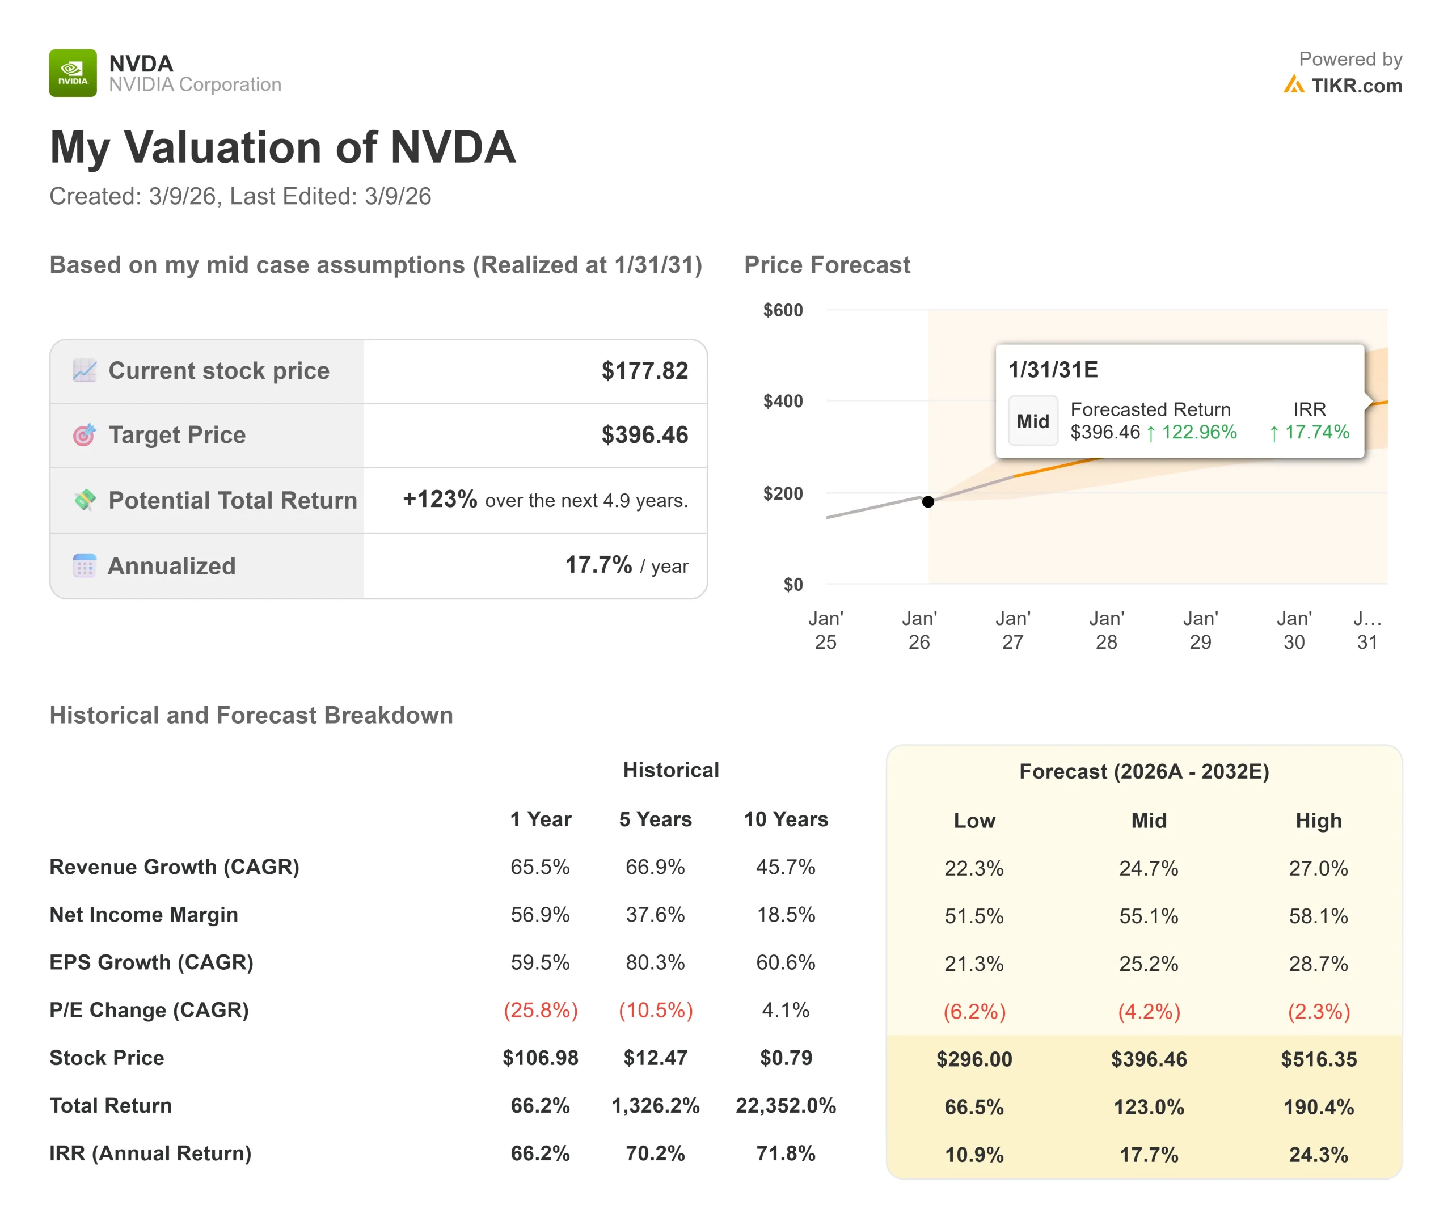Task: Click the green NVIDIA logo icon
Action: tap(73, 73)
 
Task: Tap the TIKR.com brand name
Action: tap(1356, 86)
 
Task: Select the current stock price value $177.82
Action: tap(644, 371)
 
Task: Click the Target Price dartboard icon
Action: tap(85, 435)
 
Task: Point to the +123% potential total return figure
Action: tap(440, 498)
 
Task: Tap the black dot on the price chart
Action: tap(928, 501)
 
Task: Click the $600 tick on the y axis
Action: tap(783, 310)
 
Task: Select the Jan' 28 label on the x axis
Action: tap(1106, 630)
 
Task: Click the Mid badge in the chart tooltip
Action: tap(1032, 421)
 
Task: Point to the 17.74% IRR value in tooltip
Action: tap(1316, 432)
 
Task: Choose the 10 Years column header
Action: tap(786, 819)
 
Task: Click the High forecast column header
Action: tap(1318, 821)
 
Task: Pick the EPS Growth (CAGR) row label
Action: tap(151, 962)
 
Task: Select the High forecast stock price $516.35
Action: tap(1318, 1059)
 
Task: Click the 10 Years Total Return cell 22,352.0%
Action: tap(786, 1106)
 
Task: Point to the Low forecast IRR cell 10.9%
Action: tap(973, 1155)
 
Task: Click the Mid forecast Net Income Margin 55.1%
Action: tap(1149, 916)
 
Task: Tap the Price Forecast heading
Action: tap(827, 265)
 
